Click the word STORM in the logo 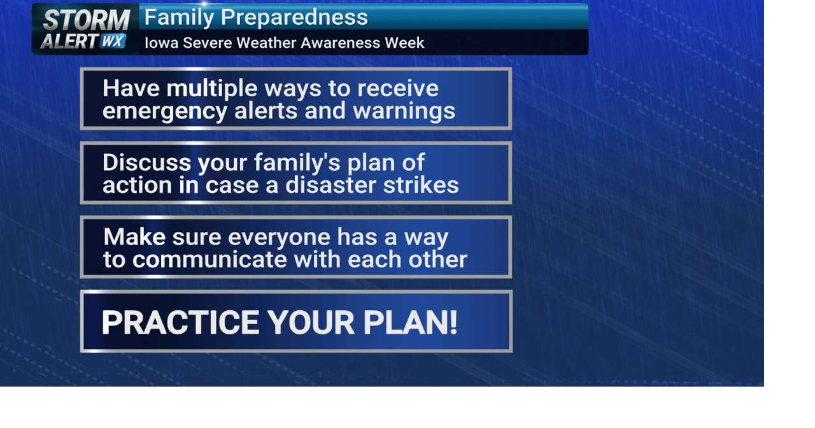86,20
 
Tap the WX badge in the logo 113,41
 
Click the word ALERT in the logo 69,41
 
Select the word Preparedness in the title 295,17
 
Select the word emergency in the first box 165,111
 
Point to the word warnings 404,111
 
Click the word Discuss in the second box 146,162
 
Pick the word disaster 330,185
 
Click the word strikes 422,185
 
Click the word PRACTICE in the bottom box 181,322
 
